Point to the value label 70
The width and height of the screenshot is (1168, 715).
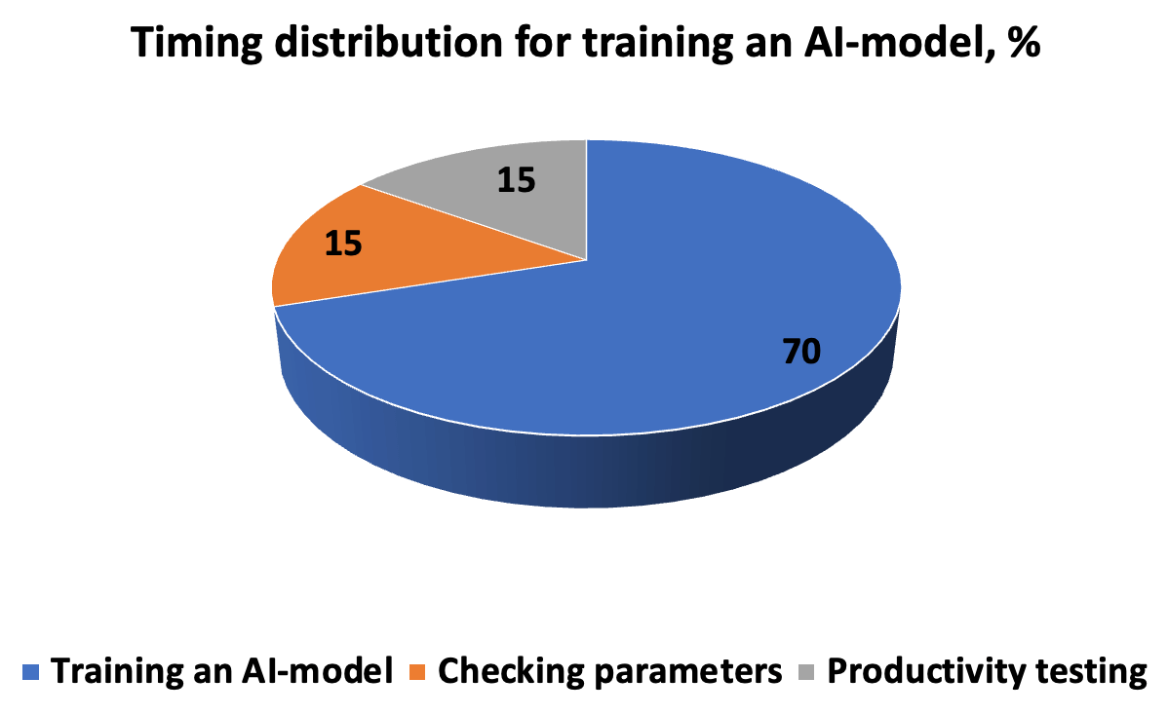(801, 352)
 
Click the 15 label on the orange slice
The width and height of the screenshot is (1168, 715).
(343, 244)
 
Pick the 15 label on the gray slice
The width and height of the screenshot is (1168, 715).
(516, 180)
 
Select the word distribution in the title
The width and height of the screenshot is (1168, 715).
(388, 42)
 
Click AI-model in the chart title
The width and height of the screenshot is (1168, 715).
(899, 42)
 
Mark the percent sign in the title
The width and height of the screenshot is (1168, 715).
(1024, 43)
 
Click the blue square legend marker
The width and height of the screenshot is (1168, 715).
(30, 672)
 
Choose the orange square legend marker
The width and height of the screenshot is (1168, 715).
(417, 672)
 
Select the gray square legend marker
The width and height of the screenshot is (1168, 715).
(806, 672)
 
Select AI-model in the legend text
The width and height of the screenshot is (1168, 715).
(317, 671)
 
